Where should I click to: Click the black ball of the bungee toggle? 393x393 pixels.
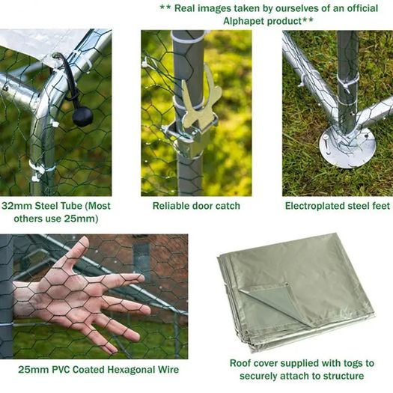82,117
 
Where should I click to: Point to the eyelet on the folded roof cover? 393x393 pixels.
287,284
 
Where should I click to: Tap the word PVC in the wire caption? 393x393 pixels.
61,370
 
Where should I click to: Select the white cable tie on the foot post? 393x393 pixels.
348,82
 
